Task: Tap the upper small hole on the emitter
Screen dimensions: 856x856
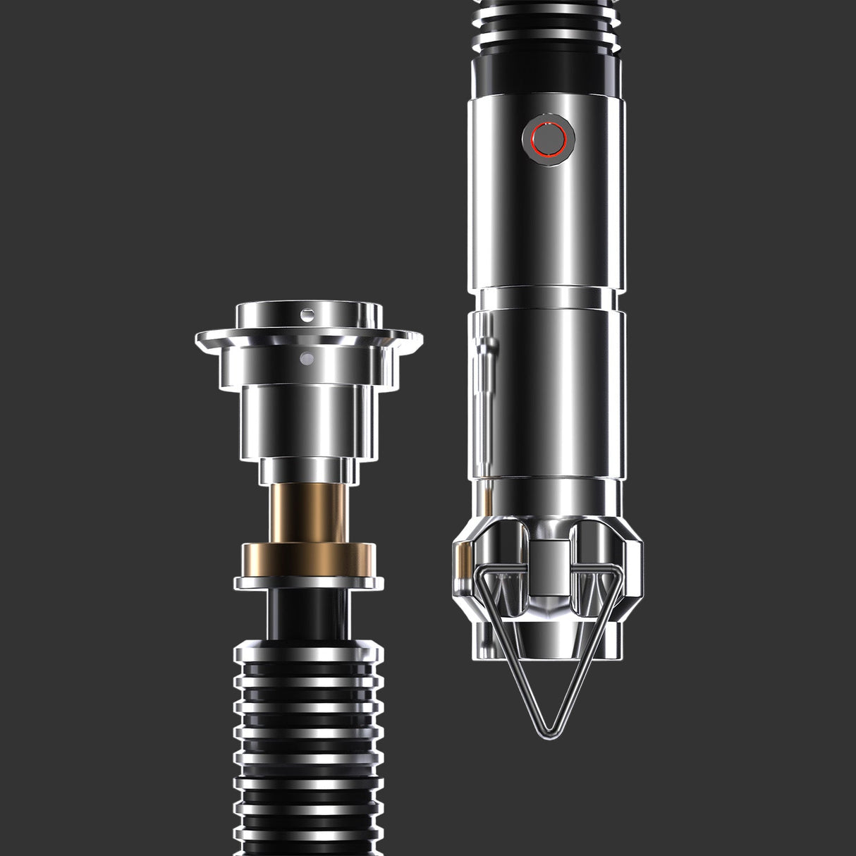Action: pos(308,312)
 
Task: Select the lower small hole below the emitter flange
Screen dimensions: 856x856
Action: pos(305,360)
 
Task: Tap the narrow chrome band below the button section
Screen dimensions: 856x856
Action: pos(546,297)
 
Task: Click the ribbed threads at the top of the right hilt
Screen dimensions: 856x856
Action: pos(546,28)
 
